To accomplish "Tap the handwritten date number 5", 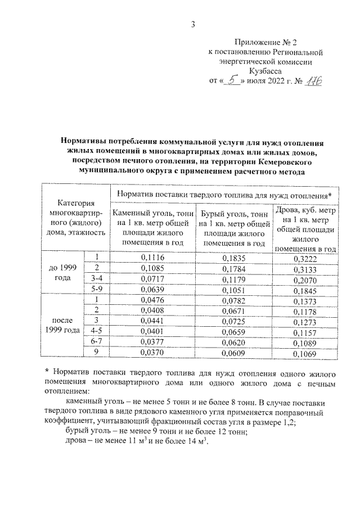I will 229,80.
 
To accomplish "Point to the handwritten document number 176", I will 308,80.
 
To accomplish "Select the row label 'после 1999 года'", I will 63,327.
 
